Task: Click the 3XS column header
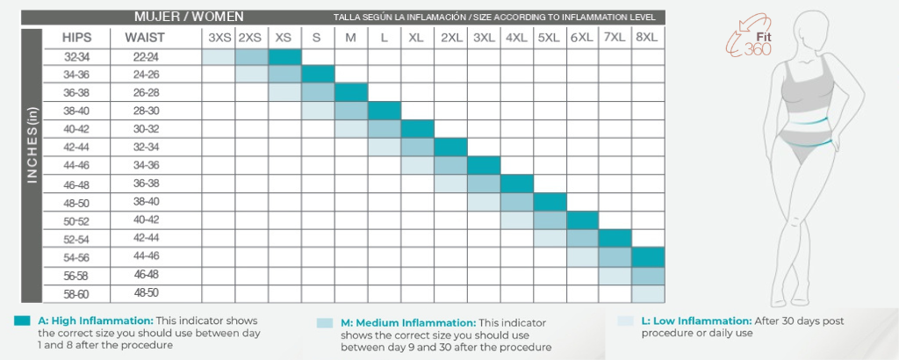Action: coord(219,38)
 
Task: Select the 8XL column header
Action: coord(647,38)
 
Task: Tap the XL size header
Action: coord(416,38)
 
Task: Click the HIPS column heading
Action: coord(77,38)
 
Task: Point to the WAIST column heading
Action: coord(145,38)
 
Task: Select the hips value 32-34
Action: coord(77,57)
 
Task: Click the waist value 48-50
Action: coord(146,293)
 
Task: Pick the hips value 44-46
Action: coord(77,166)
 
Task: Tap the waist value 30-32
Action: coord(146,130)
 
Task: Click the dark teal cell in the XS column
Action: coord(285,57)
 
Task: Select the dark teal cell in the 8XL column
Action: coord(648,256)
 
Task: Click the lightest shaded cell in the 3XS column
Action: coord(219,57)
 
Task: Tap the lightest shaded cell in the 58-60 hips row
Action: coord(648,293)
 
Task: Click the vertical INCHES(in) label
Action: coord(32,145)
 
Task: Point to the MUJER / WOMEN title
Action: coord(189,17)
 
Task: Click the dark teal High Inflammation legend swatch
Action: coord(22,321)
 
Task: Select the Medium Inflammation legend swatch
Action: coord(325,323)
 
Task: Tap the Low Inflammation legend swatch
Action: coord(625,321)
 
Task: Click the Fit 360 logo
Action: coord(748,38)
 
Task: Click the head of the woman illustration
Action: coord(808,32)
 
